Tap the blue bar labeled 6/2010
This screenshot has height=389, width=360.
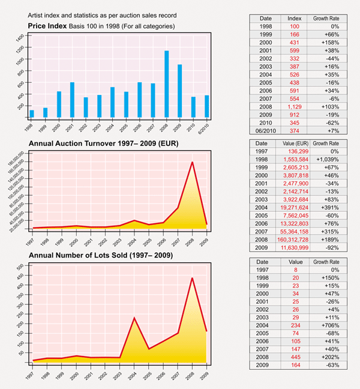[206, 106]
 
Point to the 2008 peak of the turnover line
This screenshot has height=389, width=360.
[192, 161]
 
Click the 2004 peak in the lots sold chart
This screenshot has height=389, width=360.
[134, 318]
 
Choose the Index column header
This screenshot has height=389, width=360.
[295, 19]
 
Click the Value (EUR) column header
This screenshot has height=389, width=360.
[294, 144]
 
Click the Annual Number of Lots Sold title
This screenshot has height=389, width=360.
[101, 256]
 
